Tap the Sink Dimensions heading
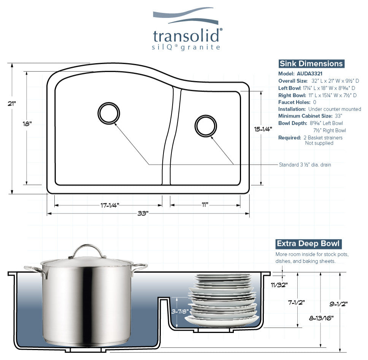coord(311,64)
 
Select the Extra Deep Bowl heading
coord(308,244)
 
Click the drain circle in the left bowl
coord(108,113)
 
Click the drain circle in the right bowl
coord(205,125)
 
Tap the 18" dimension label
coord(27,123)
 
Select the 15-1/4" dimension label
coord(263,129)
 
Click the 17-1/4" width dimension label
coord(110,205)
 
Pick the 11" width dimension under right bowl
coord(205,205)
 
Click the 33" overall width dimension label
coord(143,213)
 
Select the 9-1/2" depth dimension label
coord(339,304)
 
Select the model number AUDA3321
coord(309,73)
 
